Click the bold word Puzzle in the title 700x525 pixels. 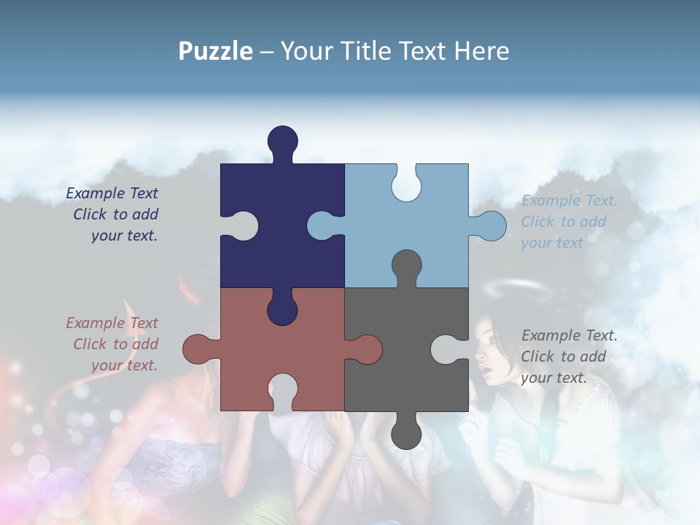coord(215,51)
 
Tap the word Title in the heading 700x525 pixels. coord(364,51)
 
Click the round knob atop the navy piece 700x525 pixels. coord(283,140)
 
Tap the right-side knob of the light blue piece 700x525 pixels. coord(490,226)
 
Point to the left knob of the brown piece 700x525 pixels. coord(198,349)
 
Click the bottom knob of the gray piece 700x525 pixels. coord(406,434)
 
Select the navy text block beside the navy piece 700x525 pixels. coord(113,214)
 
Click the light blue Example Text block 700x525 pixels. coord(569,222)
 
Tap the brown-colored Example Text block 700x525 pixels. coord(113,344)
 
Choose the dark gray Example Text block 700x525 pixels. coord(569,357)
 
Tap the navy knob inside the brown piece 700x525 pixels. coord(283,309)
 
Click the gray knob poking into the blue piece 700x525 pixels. coord(406,265)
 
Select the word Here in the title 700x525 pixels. coord(481,51)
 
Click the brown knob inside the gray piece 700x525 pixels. coord(365,349)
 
